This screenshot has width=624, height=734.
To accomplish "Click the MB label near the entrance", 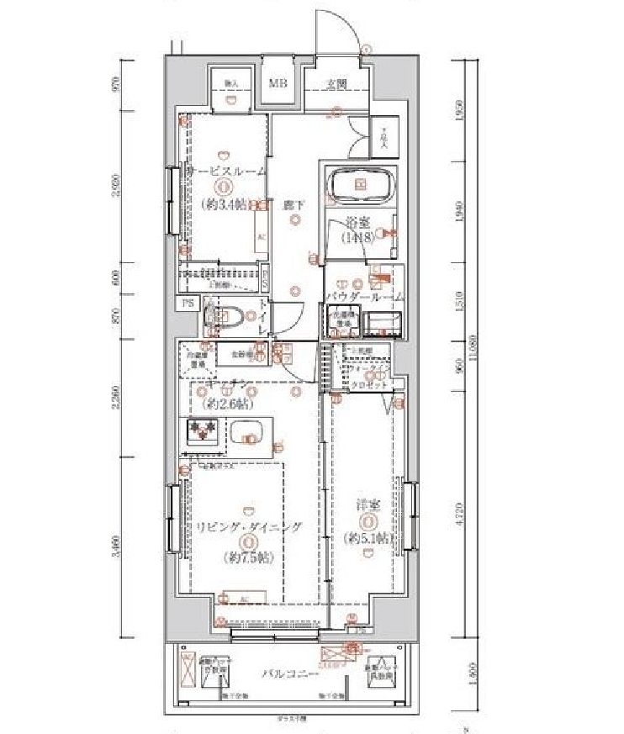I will [278, 83].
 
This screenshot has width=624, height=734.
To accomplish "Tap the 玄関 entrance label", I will [337, 83].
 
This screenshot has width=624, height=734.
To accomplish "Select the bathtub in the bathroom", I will [359, 186].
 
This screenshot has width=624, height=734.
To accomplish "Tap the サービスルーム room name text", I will [226, 171].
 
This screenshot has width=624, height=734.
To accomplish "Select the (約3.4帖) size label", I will [225, 203].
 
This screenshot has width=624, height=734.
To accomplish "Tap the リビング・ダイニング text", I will [249, 527].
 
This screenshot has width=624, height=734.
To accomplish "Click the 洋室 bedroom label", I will [367, 506].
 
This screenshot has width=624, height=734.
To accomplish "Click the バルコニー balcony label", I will [289, 674].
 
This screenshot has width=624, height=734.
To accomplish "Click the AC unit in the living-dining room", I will [243, 599].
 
